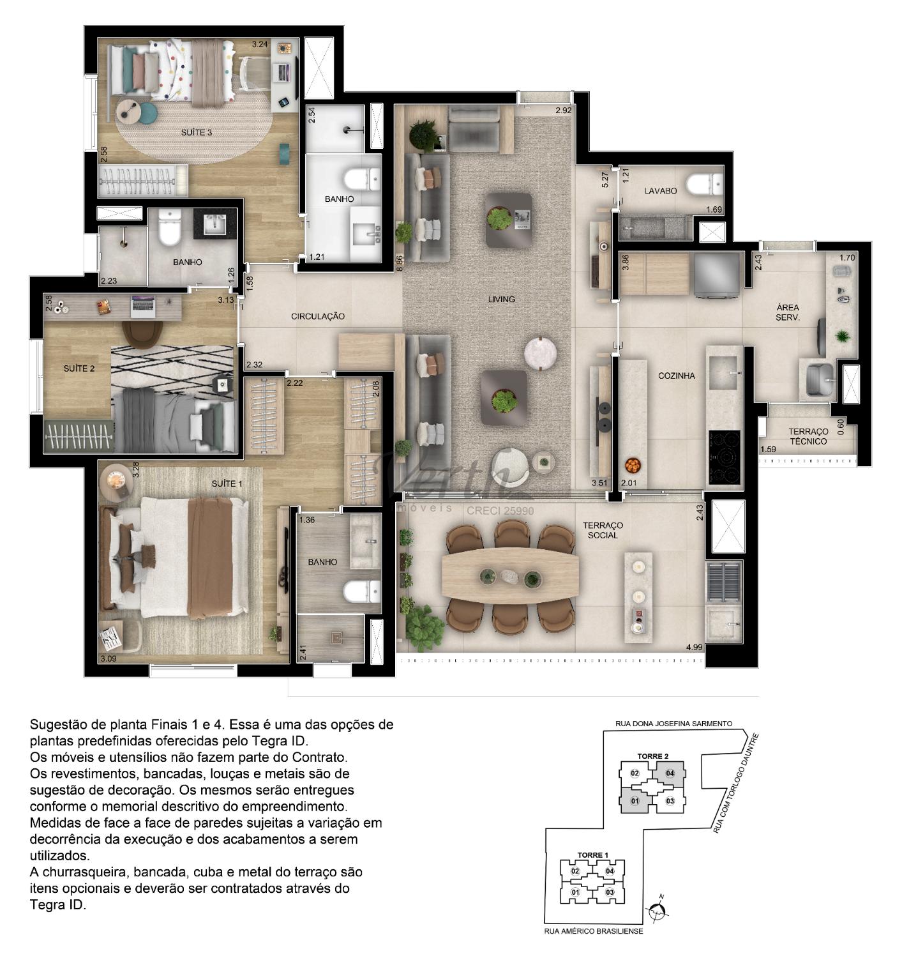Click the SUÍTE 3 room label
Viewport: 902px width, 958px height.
point(197,132)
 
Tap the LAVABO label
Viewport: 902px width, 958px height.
point(660,191)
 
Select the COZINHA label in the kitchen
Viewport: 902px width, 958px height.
point(676,376)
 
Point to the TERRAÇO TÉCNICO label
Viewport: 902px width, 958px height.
point(808,437)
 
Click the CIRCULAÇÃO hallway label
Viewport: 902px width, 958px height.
point(318,316)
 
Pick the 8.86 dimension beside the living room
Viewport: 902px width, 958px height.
point(400,263)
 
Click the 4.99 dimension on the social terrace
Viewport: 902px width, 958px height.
point(694,648)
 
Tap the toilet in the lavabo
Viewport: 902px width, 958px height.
point(704,185)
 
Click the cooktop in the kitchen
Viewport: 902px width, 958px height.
point(723,457)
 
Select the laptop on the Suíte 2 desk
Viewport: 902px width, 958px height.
point(143,307)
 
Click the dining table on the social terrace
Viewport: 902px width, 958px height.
point(510,577)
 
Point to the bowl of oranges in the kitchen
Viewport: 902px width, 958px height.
point(633,466)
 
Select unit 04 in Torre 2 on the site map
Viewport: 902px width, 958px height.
point(670,773)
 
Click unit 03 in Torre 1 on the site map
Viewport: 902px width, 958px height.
point(610,892)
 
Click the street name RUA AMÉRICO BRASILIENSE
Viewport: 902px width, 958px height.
point(593,931)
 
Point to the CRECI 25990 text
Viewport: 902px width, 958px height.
point(500,511)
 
